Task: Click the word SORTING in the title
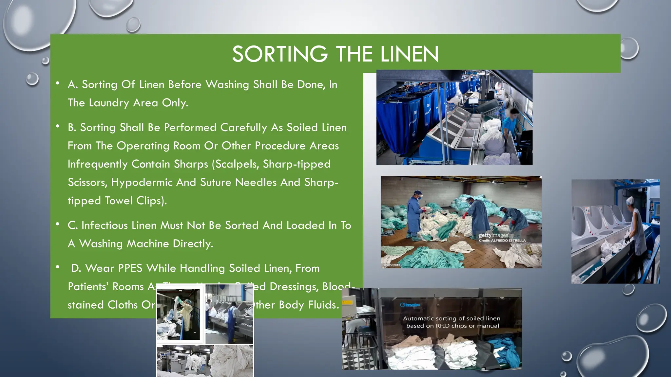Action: tap(279, 54)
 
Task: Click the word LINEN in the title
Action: tap(409, 54)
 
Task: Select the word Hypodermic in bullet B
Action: tap(142, 182)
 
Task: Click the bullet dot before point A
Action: tap(58, 83)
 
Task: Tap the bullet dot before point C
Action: tap(58, 224)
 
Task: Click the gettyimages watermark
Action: tap(493, 235)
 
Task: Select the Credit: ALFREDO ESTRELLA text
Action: tap(502, 241)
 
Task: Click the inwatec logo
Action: tap(410, 305)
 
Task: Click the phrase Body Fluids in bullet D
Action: tap(309, 305)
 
